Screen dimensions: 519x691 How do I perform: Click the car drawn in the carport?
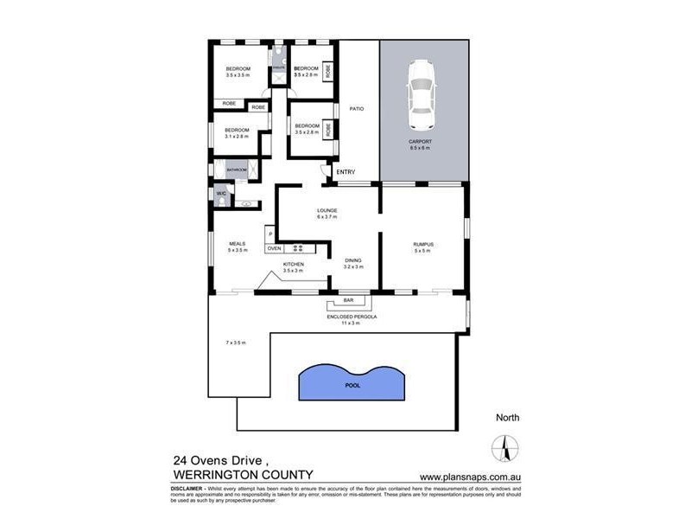[422, 89]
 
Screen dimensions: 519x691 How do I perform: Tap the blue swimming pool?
[352, 381]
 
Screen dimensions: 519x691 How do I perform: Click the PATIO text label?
[355, 109]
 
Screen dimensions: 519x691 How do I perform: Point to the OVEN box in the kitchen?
[274, 248]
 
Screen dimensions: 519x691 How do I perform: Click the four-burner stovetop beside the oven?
[298, 248]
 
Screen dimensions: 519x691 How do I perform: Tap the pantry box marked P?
[269, 234]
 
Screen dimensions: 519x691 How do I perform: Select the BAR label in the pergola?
[348, 301]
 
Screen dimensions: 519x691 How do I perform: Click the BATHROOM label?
[237, 170]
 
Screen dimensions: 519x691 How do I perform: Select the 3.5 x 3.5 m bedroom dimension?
[238, 75]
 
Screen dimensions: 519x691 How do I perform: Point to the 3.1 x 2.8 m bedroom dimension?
[237, 137]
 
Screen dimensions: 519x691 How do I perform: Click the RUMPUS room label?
[422, 245]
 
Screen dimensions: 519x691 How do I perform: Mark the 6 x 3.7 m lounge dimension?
[326, 217]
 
